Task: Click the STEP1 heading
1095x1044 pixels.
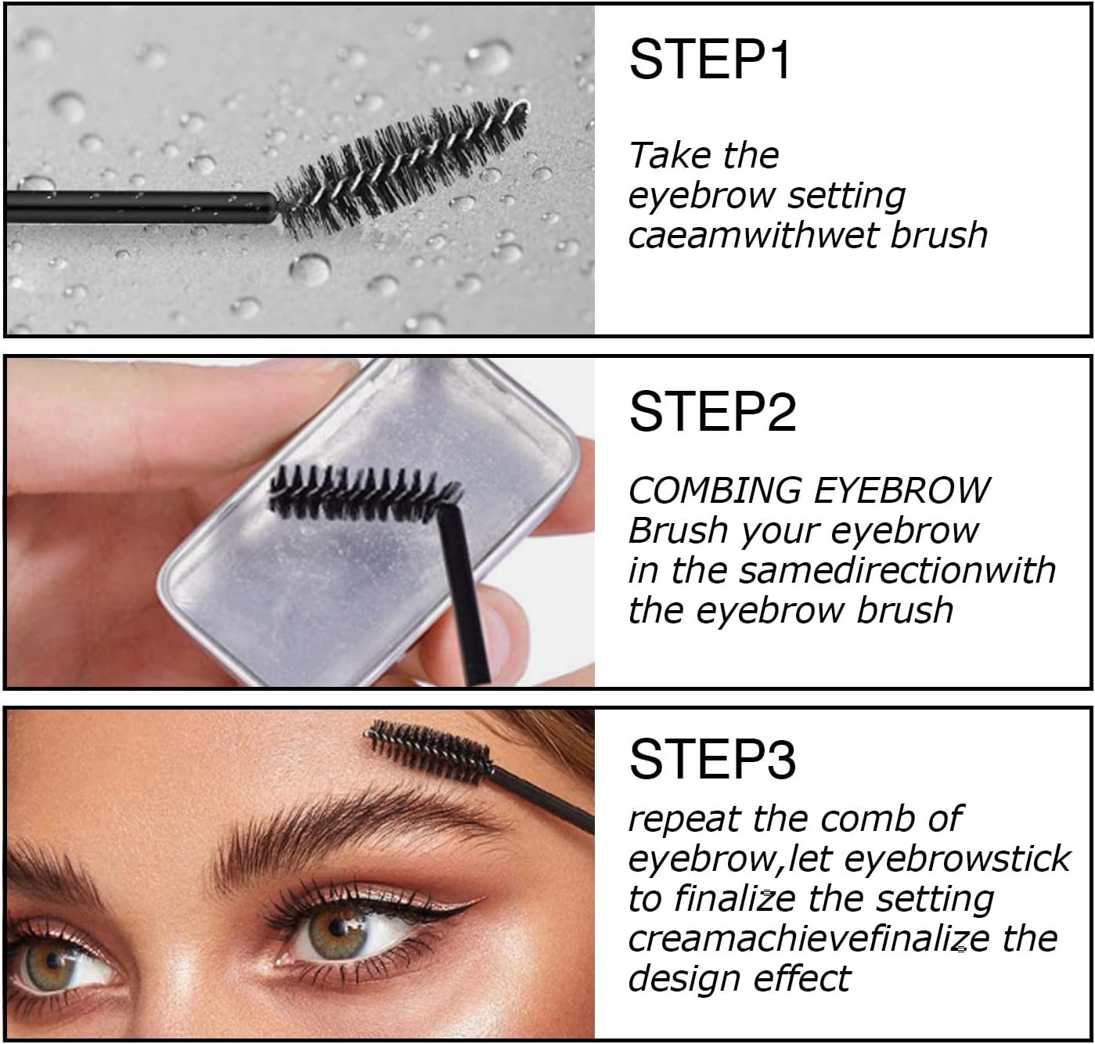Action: [709, 60]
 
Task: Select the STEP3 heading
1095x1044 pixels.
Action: [712, 759]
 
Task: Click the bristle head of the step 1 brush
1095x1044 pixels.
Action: [400, 169]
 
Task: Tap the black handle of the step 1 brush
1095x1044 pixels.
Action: [140, 207]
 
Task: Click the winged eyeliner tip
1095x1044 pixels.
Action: [484, 898]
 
